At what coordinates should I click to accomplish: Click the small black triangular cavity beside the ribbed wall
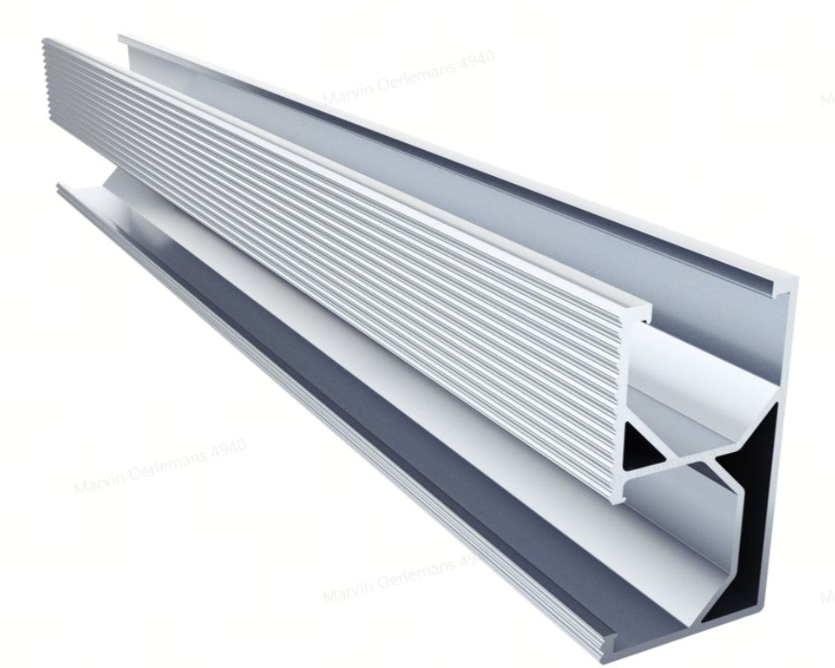[641, 445]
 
